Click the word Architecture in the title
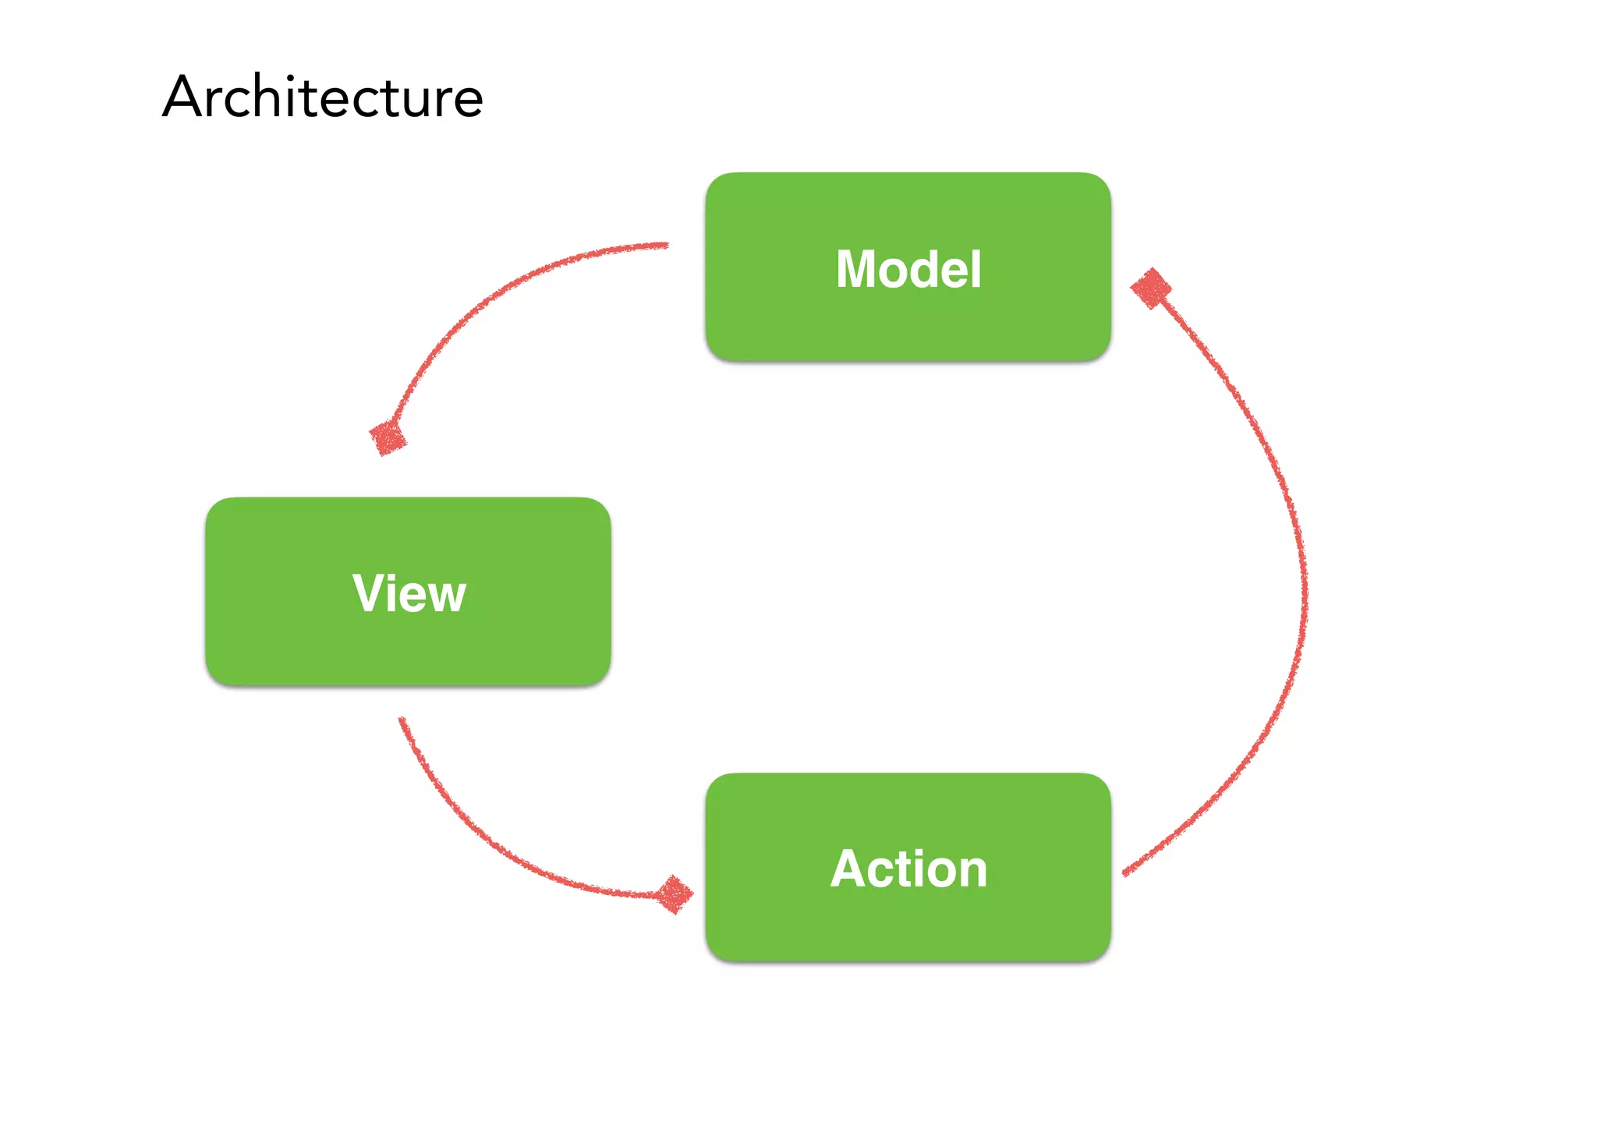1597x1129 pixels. pyautogui.click(x=323, y=97)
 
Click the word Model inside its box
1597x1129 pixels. pyautogui.click(x=908, y=269)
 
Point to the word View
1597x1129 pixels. pyautogui.click(x=409, y=593)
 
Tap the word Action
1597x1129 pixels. pyautogui.click(x=908, y=869)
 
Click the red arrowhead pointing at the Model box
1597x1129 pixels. pyautogui.click(x=1151, y=288)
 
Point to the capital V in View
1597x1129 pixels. pyautogui.click(x=368, y=593)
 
